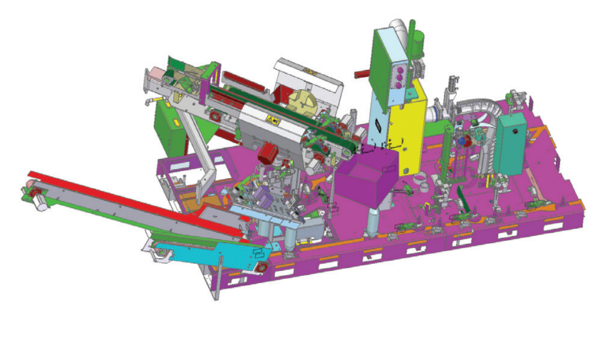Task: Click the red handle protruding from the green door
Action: (362, 74)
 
